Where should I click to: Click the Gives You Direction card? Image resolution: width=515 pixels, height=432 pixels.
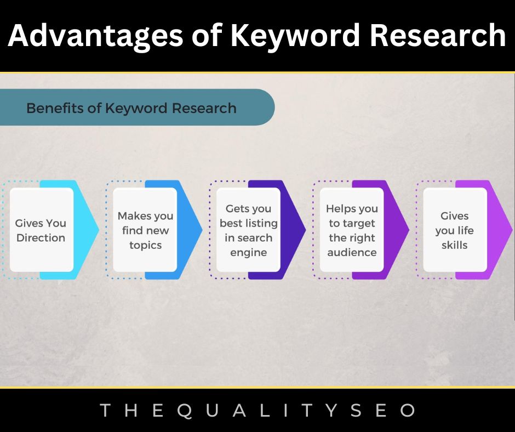[41, 230]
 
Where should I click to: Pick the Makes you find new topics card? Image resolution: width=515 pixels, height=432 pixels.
[145, 230]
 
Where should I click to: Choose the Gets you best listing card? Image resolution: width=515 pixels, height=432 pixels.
[248, 230]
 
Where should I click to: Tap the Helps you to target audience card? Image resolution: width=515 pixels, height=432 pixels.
[352, 230]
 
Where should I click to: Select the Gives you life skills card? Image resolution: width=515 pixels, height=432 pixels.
[455, 230]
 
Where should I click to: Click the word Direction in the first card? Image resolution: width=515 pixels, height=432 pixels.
[41, 238]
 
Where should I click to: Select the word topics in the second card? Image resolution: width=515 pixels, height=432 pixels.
[145, 245]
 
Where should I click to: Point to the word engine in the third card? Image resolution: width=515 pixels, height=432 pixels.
[249, 253]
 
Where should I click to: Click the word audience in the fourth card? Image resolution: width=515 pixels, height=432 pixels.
[352, 253]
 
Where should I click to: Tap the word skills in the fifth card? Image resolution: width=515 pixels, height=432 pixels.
[455, 245]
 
